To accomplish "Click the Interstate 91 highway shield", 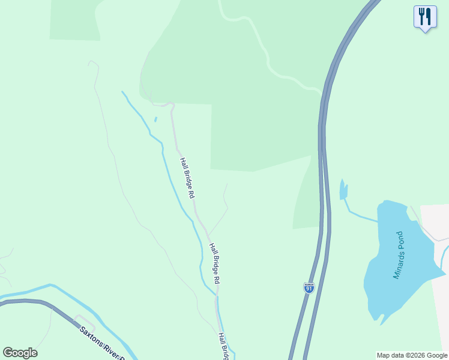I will pos(309,287).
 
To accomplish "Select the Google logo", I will pos(20,353).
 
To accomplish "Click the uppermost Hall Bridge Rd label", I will pos(187,178).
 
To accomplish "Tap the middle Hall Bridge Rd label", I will pos(215,263).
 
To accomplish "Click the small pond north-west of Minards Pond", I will pos(343,190).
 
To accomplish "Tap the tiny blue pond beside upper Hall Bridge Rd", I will pos(155,119).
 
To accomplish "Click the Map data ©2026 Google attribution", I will pos(412,355).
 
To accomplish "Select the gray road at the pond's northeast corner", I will pos(424,226).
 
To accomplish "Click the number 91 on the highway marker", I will pos(309,289).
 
